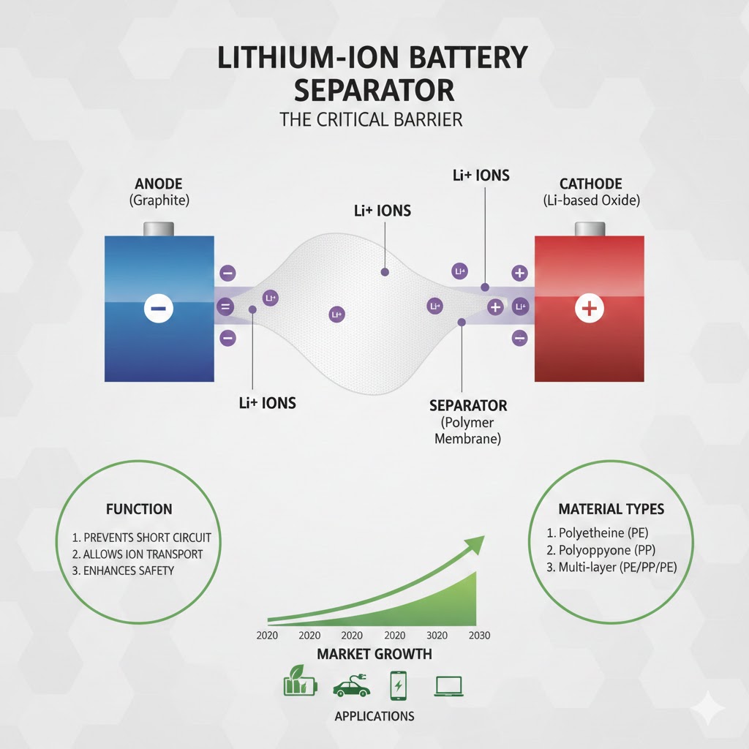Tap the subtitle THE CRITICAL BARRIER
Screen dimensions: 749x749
(371, 119)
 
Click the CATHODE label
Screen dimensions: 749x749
(590, 184)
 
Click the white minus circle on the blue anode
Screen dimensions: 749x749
(158, 309)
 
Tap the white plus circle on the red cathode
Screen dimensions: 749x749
(588, 309)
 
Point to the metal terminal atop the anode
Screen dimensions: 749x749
(159, 228)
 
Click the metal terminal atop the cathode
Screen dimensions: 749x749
(590, 228)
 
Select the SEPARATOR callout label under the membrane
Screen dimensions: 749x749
(468, 405)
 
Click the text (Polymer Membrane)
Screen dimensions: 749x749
(468, 431)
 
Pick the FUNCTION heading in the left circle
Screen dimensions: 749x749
(139, 509)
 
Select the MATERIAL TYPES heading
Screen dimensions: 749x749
(611, 509)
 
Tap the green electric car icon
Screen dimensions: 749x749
(351, 687)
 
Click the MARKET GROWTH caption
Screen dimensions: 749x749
(374, 654)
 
